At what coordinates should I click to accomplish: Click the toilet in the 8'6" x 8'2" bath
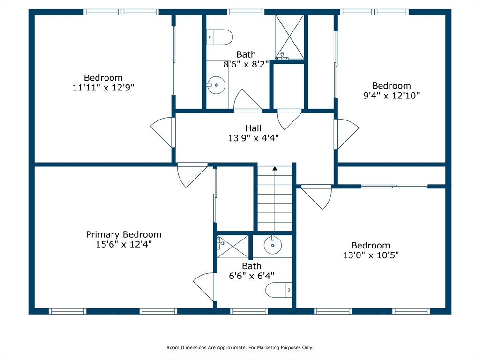220,37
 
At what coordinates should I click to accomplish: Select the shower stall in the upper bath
289,37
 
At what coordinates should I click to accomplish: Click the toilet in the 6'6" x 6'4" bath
279,290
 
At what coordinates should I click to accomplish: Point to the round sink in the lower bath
273,245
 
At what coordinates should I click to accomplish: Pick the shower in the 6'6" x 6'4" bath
232,246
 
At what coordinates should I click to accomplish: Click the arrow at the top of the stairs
275,168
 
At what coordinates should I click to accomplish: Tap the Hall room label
253,128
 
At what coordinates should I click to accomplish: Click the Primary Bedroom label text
124,234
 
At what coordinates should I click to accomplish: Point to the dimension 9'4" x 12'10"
391,95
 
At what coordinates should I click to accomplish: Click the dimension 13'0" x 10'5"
370,255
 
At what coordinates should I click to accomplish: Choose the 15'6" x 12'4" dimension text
124,244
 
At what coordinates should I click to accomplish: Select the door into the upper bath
247,101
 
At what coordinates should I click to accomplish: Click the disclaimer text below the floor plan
240,348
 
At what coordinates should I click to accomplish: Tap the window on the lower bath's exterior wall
249,311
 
